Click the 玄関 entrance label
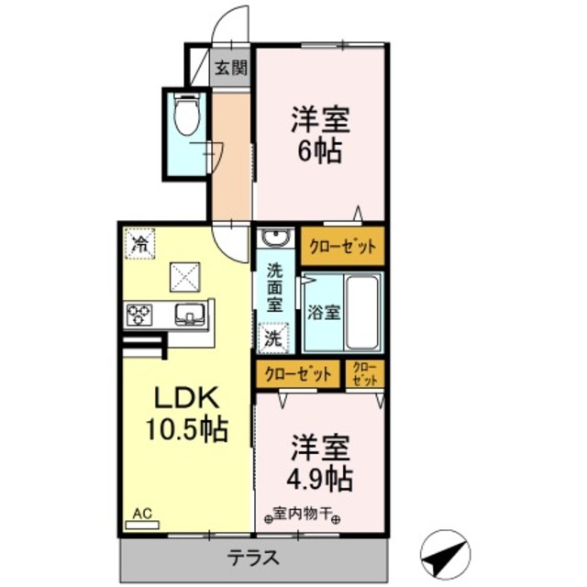(231, 69)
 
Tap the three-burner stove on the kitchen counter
(138, 315)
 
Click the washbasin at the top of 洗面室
(274, 240)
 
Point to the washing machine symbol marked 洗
(274, 337)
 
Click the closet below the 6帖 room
(341, 248)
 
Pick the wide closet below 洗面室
(298, 373)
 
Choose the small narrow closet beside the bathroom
(365, 373)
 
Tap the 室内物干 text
(304, 515)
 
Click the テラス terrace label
(253, 558)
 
